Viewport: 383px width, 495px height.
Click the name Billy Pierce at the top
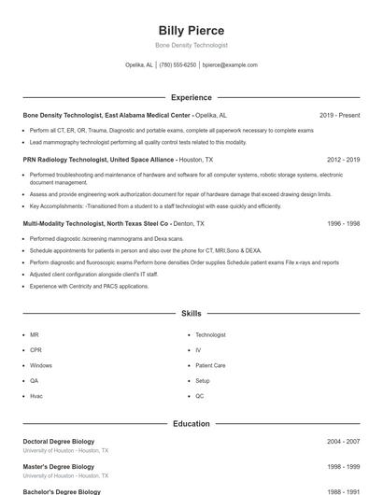tap(191, 31)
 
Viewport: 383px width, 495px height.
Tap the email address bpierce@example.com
tap(230, 65)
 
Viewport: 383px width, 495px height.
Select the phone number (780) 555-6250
tap(177, 65)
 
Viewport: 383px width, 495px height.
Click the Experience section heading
tap(191, 97)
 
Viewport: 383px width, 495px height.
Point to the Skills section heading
tap(191, 314)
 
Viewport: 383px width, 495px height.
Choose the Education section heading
tap(191, 423)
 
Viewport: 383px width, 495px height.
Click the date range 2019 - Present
tap(339, 115)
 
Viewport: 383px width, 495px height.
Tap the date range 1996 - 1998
tap(344, 224)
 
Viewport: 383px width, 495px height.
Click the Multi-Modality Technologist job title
tap(96, 224)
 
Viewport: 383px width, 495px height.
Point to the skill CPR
tap(35, 349)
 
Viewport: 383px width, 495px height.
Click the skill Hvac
tap(35, 396)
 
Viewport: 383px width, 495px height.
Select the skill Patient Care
tap(210, 365)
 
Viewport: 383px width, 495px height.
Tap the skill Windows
tap(41, 365)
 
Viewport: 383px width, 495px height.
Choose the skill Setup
tap(203, 380)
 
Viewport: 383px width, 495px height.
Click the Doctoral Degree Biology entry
tap(58, 440)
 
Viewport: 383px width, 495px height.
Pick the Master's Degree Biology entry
tap(58, 466)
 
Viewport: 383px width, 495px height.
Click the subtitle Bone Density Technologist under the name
tap(191, 45)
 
